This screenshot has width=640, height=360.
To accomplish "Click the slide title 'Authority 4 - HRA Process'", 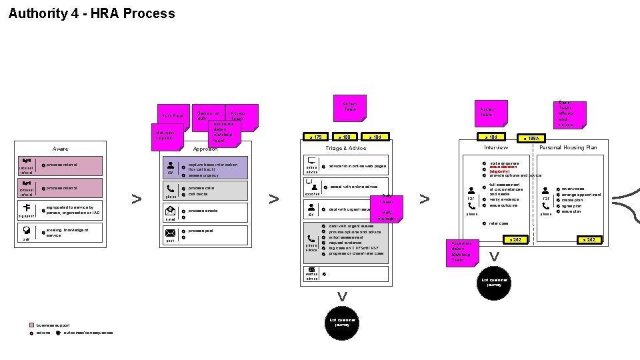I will (91, 13).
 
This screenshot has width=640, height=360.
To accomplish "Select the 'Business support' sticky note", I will (164, 135).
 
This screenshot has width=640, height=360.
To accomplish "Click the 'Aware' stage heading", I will (60, 149).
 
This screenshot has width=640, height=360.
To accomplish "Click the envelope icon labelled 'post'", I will (170, 233).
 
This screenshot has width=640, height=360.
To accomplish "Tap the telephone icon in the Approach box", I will (171, 189).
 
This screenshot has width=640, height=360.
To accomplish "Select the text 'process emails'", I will (203, 211).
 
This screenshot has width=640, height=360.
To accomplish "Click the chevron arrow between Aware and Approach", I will (136, 199).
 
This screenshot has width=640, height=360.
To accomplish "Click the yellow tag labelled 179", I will (316, 137).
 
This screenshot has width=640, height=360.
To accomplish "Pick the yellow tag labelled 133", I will (346, 137).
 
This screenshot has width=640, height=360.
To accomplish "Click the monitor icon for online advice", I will (311, 161).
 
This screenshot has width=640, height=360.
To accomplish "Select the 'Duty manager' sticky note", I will (387, 215).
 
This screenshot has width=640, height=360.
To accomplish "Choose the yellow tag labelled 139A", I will (533, 138).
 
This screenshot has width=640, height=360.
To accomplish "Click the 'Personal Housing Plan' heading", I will (568, 147).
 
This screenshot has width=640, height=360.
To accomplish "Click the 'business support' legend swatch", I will (31, 325).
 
